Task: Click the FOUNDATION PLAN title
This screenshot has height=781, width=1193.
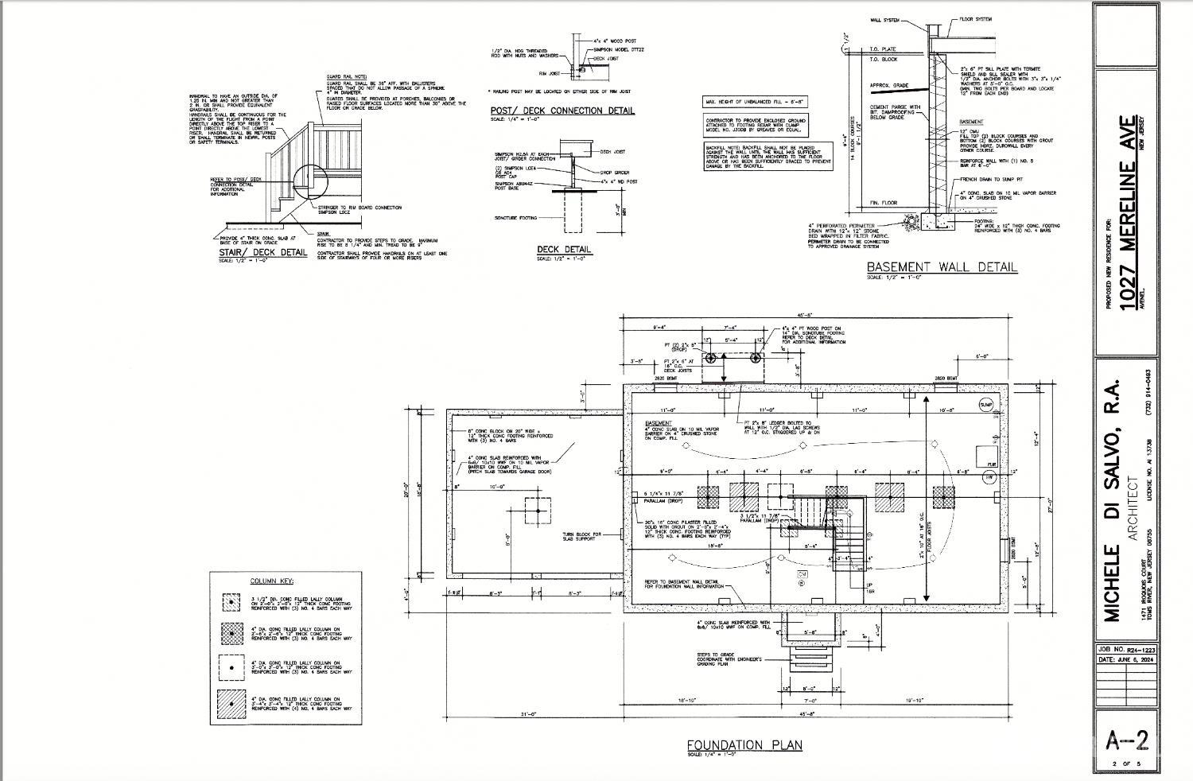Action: (x=744, y=745)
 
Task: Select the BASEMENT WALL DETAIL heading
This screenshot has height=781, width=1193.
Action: (x=942, y=267)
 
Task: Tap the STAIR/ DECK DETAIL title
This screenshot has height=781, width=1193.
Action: (x=262, y=253)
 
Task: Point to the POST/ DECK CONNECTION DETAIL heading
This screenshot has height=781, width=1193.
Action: (x=562, y=111)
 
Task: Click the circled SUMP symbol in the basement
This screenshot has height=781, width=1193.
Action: (x=987, y=405)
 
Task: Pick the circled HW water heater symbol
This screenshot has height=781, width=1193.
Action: (x=989, y=477)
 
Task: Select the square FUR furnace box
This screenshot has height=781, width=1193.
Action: (x=987, y=457)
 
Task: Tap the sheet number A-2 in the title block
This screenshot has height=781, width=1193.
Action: (x=1128, y=741)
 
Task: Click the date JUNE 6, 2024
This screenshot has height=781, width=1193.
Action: (x=1126, y=659)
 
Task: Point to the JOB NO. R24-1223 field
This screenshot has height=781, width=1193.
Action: (x=1126, y=650)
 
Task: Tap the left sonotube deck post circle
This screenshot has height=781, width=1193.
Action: (x=713, y=359)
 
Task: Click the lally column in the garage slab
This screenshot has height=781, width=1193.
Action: (x=538, y=510)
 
